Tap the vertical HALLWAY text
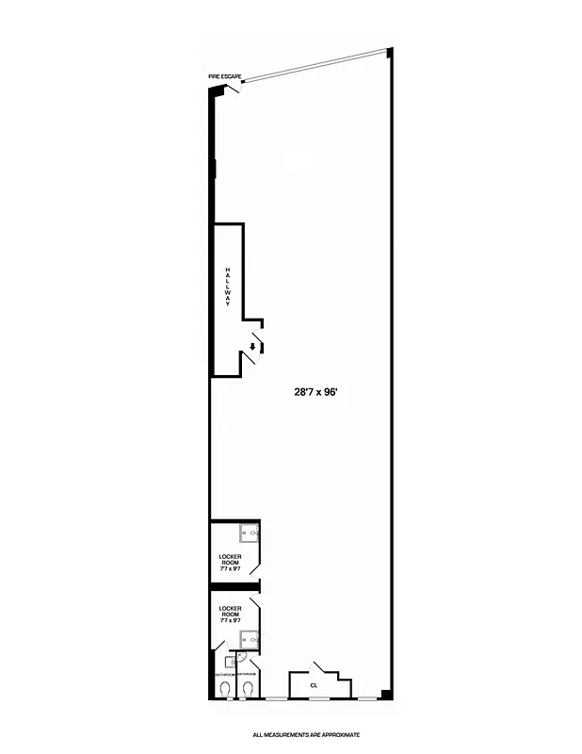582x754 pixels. click(x=227, y=292)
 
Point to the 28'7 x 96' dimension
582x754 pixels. click(x=315, y=396)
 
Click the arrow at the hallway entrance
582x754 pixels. click(x=251, y=345)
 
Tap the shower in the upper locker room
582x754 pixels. click(x=250, y=533)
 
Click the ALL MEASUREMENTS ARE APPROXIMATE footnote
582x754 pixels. click(x=306, y=734)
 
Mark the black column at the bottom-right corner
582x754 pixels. click(x=387, y=696)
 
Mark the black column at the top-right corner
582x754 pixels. click(x=389, y=53)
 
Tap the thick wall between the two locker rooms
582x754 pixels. click(x=234, y=591)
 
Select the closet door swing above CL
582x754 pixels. click(x=322, y=666)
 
